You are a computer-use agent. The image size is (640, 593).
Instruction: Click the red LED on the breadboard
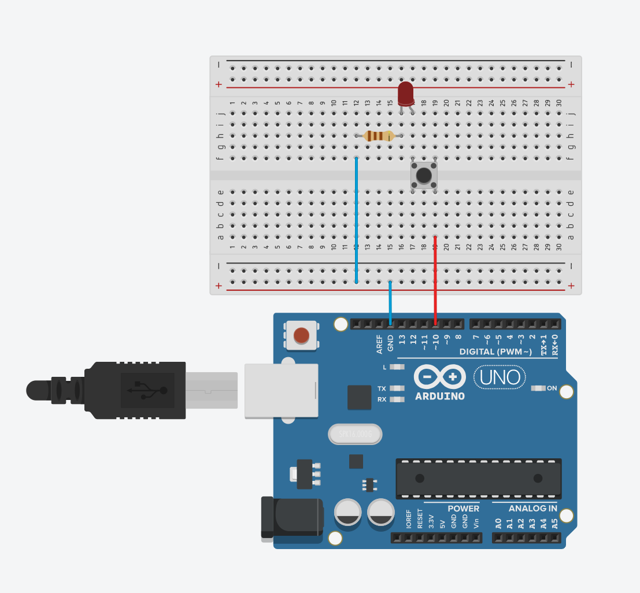click(406, 92)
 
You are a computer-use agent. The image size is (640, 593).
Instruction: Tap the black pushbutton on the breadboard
click(424, 175)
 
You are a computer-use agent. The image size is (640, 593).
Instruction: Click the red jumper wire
click(435, 277)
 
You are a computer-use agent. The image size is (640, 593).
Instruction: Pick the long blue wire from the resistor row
click(356, 220)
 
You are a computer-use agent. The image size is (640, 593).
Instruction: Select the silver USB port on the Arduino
click(281, 390)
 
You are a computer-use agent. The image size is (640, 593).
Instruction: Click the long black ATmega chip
click(478, 479)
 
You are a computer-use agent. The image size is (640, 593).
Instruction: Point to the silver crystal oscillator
click(355, 434)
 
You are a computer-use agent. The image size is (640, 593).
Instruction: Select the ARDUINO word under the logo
click(440, 396)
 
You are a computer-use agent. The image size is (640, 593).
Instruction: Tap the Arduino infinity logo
click(440, 377)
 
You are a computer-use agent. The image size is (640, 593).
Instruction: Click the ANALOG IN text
click(532, 509)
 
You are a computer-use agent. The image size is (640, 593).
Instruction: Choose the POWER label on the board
click(463, 509)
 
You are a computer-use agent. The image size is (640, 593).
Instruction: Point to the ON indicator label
click(552, 388)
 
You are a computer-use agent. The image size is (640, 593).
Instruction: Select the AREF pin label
click(380, 344)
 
